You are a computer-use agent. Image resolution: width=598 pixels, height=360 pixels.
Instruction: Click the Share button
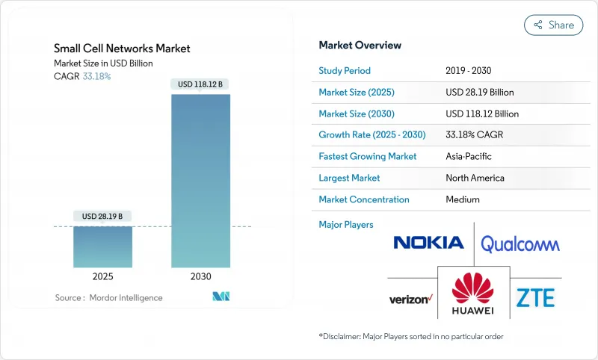553,25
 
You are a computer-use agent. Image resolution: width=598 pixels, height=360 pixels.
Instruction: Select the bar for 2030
201,180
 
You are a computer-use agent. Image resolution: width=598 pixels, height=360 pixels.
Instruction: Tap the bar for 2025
102,246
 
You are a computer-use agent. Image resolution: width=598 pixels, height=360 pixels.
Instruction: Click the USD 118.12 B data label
201,84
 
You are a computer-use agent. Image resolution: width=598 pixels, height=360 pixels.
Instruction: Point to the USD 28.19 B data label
102,217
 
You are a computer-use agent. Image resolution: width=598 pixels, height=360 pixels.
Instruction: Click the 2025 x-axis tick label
102,276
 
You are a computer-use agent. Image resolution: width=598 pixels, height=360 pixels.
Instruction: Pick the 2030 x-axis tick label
201,276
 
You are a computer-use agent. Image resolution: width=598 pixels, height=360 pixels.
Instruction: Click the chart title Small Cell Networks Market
122,49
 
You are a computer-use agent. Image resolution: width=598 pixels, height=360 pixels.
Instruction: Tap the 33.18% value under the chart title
96,76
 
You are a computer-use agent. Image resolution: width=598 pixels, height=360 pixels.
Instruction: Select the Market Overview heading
360,46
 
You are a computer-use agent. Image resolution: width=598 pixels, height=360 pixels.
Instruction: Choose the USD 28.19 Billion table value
479,93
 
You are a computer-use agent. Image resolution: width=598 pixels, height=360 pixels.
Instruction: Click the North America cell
475,179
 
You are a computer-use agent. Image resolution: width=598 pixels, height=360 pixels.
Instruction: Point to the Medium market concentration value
462,200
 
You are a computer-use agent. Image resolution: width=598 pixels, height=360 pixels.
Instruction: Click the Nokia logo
428,243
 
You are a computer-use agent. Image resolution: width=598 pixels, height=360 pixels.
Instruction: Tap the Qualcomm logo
520,243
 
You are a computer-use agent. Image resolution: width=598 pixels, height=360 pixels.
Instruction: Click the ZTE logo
535,297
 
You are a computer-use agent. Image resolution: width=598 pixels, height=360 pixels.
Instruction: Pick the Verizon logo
410,300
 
